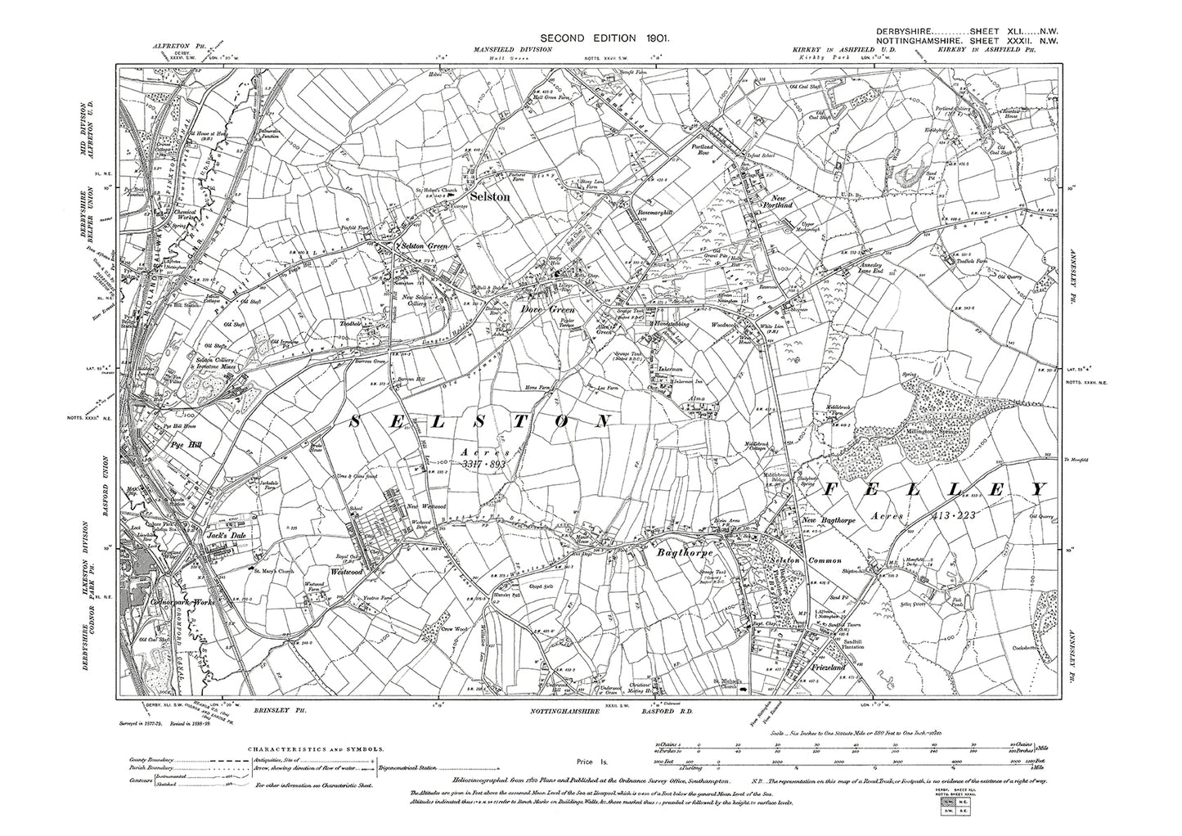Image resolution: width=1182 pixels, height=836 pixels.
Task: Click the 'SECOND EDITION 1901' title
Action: (x=595, y=38)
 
